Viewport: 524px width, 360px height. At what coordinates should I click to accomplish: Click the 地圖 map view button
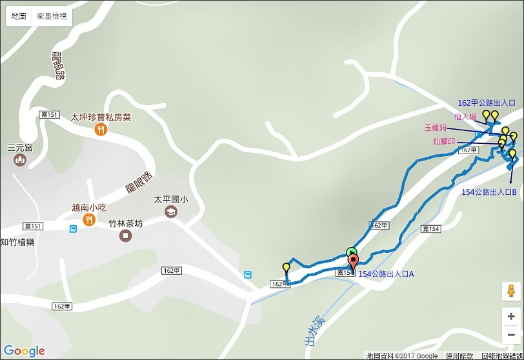(x=18, y=17)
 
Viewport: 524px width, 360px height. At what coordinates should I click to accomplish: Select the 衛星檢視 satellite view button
(x=52, y=17)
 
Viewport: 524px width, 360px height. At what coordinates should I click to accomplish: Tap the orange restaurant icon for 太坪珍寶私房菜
(x=100, y=130)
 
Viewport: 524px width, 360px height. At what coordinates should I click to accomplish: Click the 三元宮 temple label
(x=19, y=147)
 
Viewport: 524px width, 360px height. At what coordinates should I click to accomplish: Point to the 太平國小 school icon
(x=170, y=212)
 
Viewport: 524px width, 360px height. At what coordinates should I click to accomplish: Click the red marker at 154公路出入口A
(x=353, y=262)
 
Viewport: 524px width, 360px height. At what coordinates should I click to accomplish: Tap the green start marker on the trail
(x=351, y=252)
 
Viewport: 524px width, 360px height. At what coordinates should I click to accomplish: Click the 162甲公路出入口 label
(x=486, y=103)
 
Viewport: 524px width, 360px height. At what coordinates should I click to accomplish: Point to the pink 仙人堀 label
(x=465, y=117)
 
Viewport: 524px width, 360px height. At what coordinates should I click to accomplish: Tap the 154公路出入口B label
(x=488, y=192)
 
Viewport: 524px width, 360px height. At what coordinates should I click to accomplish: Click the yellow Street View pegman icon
(x=510, y=291)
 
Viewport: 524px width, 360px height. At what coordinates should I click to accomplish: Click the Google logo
(x=24, y=350)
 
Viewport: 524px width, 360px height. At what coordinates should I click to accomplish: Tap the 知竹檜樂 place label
(x=17, y=242)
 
